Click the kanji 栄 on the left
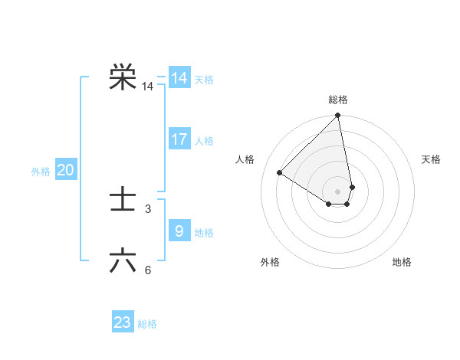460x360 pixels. point(123,77)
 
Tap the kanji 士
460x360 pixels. point(123,201)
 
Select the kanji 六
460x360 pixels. point(123,261)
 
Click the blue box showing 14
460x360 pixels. point(179,78)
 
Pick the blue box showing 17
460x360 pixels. point(179,139)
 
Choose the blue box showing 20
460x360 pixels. point(65,170)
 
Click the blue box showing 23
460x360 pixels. point(123,322)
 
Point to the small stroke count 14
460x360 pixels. point(147,87)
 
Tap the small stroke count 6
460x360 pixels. point(148,270)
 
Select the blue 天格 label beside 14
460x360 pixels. point(204,80)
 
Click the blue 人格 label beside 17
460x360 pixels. point(204,141)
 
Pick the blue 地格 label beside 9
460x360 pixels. point(204,232)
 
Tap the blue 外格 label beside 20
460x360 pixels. point(41,172)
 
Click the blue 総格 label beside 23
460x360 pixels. point(147,324)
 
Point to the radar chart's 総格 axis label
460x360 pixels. point(338,100)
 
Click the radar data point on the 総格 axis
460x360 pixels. point(338,116)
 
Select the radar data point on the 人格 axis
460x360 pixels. point(280,172)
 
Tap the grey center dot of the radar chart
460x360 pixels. point(338,191)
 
